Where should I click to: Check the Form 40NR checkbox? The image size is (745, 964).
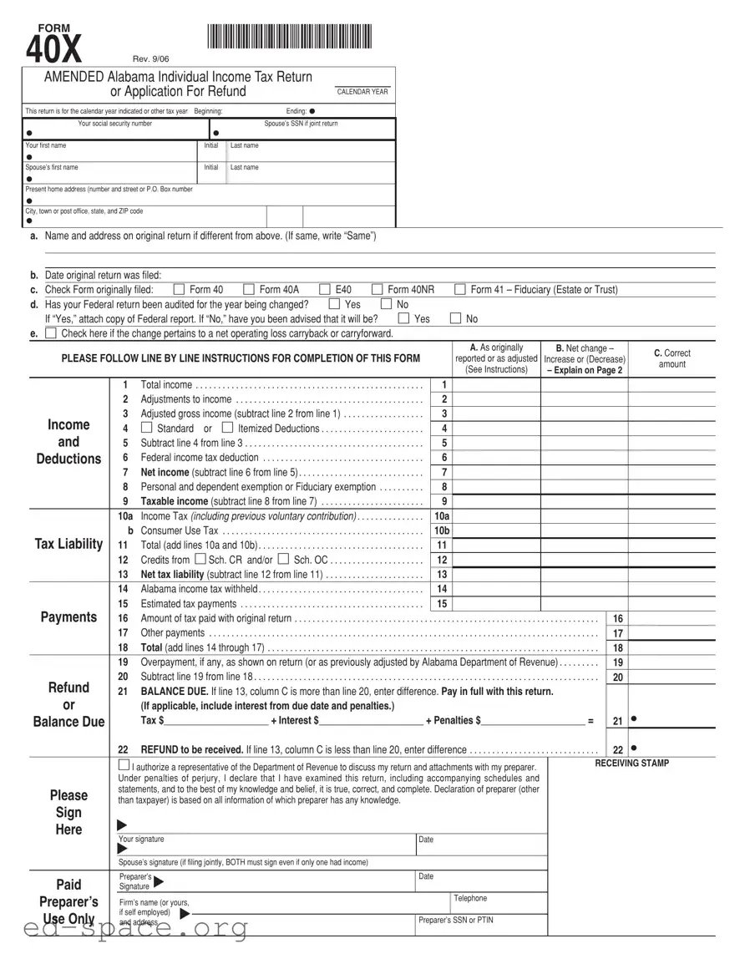point(377,290)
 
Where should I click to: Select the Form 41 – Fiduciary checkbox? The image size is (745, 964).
point(459,290)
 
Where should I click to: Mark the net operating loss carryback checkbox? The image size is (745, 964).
point(51,333)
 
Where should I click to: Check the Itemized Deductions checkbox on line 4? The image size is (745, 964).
point(227,429)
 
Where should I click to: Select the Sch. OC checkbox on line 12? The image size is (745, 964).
point(283,559)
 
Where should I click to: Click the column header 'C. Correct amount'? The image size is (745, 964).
point(672,358)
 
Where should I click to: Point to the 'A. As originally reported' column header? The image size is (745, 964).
point(496,358)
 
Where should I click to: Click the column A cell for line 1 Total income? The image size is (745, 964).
point(497,385)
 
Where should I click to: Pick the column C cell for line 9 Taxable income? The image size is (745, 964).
point(672,501)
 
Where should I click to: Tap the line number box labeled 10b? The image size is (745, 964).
point(443,530)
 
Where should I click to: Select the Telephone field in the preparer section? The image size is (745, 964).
point(499,904)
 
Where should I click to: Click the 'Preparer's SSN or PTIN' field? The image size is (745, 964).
point(481,925)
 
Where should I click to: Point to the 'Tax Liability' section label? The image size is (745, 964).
point(68,545)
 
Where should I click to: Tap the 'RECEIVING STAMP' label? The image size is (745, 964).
point(631,764)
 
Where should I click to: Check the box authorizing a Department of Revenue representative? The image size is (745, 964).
point(124,765)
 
